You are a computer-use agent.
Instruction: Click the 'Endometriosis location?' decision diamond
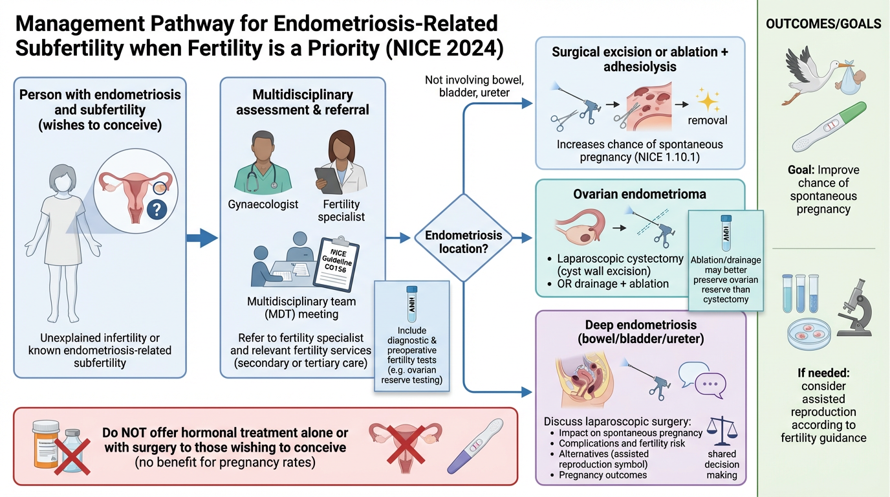pyautogui.click(x=463, y=237)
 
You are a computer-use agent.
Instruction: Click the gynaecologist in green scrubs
pyautogui.click(x=257, y=163)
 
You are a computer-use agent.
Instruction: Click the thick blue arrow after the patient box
pyautogui.click(x=202, y=237)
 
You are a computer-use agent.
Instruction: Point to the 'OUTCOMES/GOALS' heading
pyautogui.click(x=823, y=24)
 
